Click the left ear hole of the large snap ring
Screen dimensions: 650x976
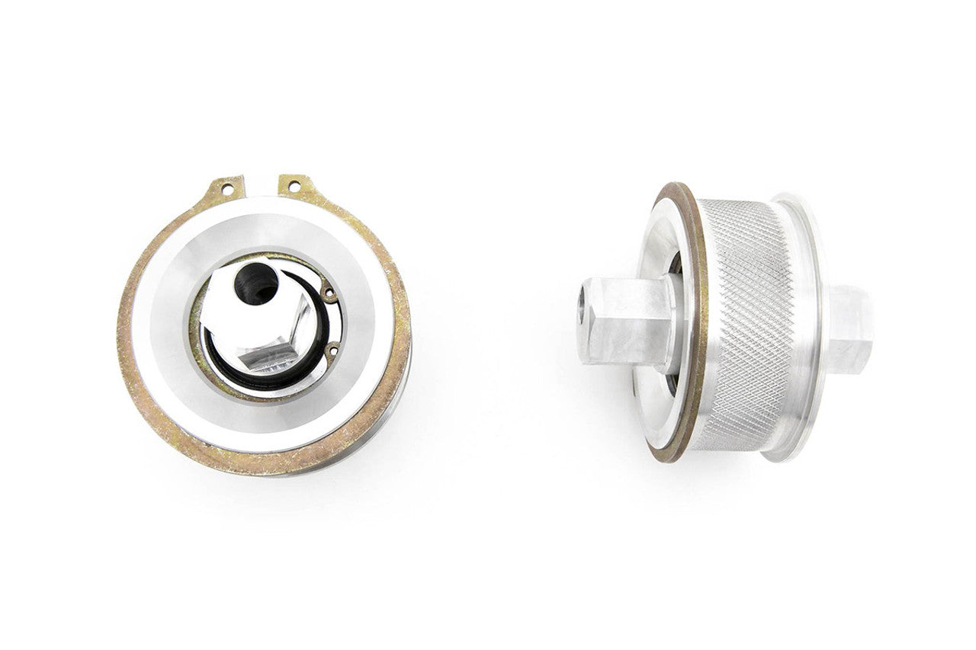click(x=226, y=185)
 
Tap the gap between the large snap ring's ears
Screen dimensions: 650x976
click(x=261, y=187)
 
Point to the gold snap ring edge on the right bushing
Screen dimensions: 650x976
click(x=695, y=328)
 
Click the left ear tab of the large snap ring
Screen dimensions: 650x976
click(x=226, y=187)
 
